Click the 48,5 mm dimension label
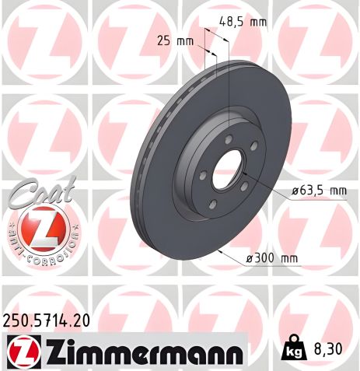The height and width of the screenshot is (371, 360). pyautogui.click(x=243, y=22)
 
